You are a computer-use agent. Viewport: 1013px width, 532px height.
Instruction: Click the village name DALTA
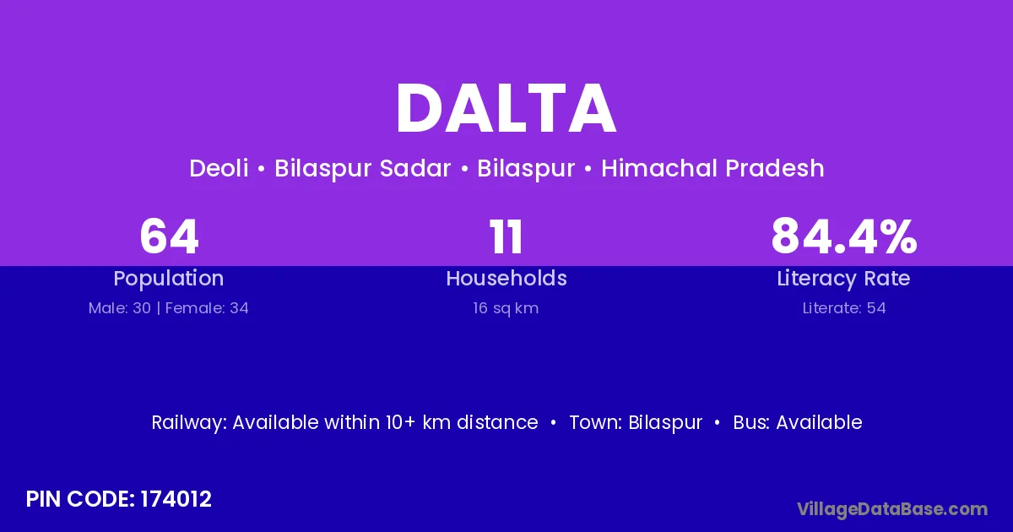pos(506,109)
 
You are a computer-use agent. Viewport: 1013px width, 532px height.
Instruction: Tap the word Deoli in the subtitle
pos(219,168)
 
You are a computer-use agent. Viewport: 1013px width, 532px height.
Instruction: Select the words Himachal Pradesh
pos(712,168)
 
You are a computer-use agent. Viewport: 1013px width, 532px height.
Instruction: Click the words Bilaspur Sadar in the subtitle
pos(363,168)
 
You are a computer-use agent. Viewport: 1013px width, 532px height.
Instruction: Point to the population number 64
pos(169,236)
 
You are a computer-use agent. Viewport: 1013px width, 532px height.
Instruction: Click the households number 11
pos(506,236)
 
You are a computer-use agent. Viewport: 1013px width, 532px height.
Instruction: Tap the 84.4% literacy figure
pos(844,236)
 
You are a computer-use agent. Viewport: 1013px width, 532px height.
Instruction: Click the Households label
pos(506,278)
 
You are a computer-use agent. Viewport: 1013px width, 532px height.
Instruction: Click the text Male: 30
pos(119,308)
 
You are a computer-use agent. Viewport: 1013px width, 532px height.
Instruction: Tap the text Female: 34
pos(207,308)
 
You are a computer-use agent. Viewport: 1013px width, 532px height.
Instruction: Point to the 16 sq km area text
pos(506,309)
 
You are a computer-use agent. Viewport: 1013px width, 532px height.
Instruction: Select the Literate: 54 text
pos(844,308)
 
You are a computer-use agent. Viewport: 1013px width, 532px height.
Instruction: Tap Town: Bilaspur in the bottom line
pos(636,423)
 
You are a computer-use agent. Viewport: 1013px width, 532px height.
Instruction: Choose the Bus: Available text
pos(798,422)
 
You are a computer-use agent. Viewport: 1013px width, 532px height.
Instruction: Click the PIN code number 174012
pos(176,499)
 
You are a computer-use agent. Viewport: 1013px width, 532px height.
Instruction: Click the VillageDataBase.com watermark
pos(892,510)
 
